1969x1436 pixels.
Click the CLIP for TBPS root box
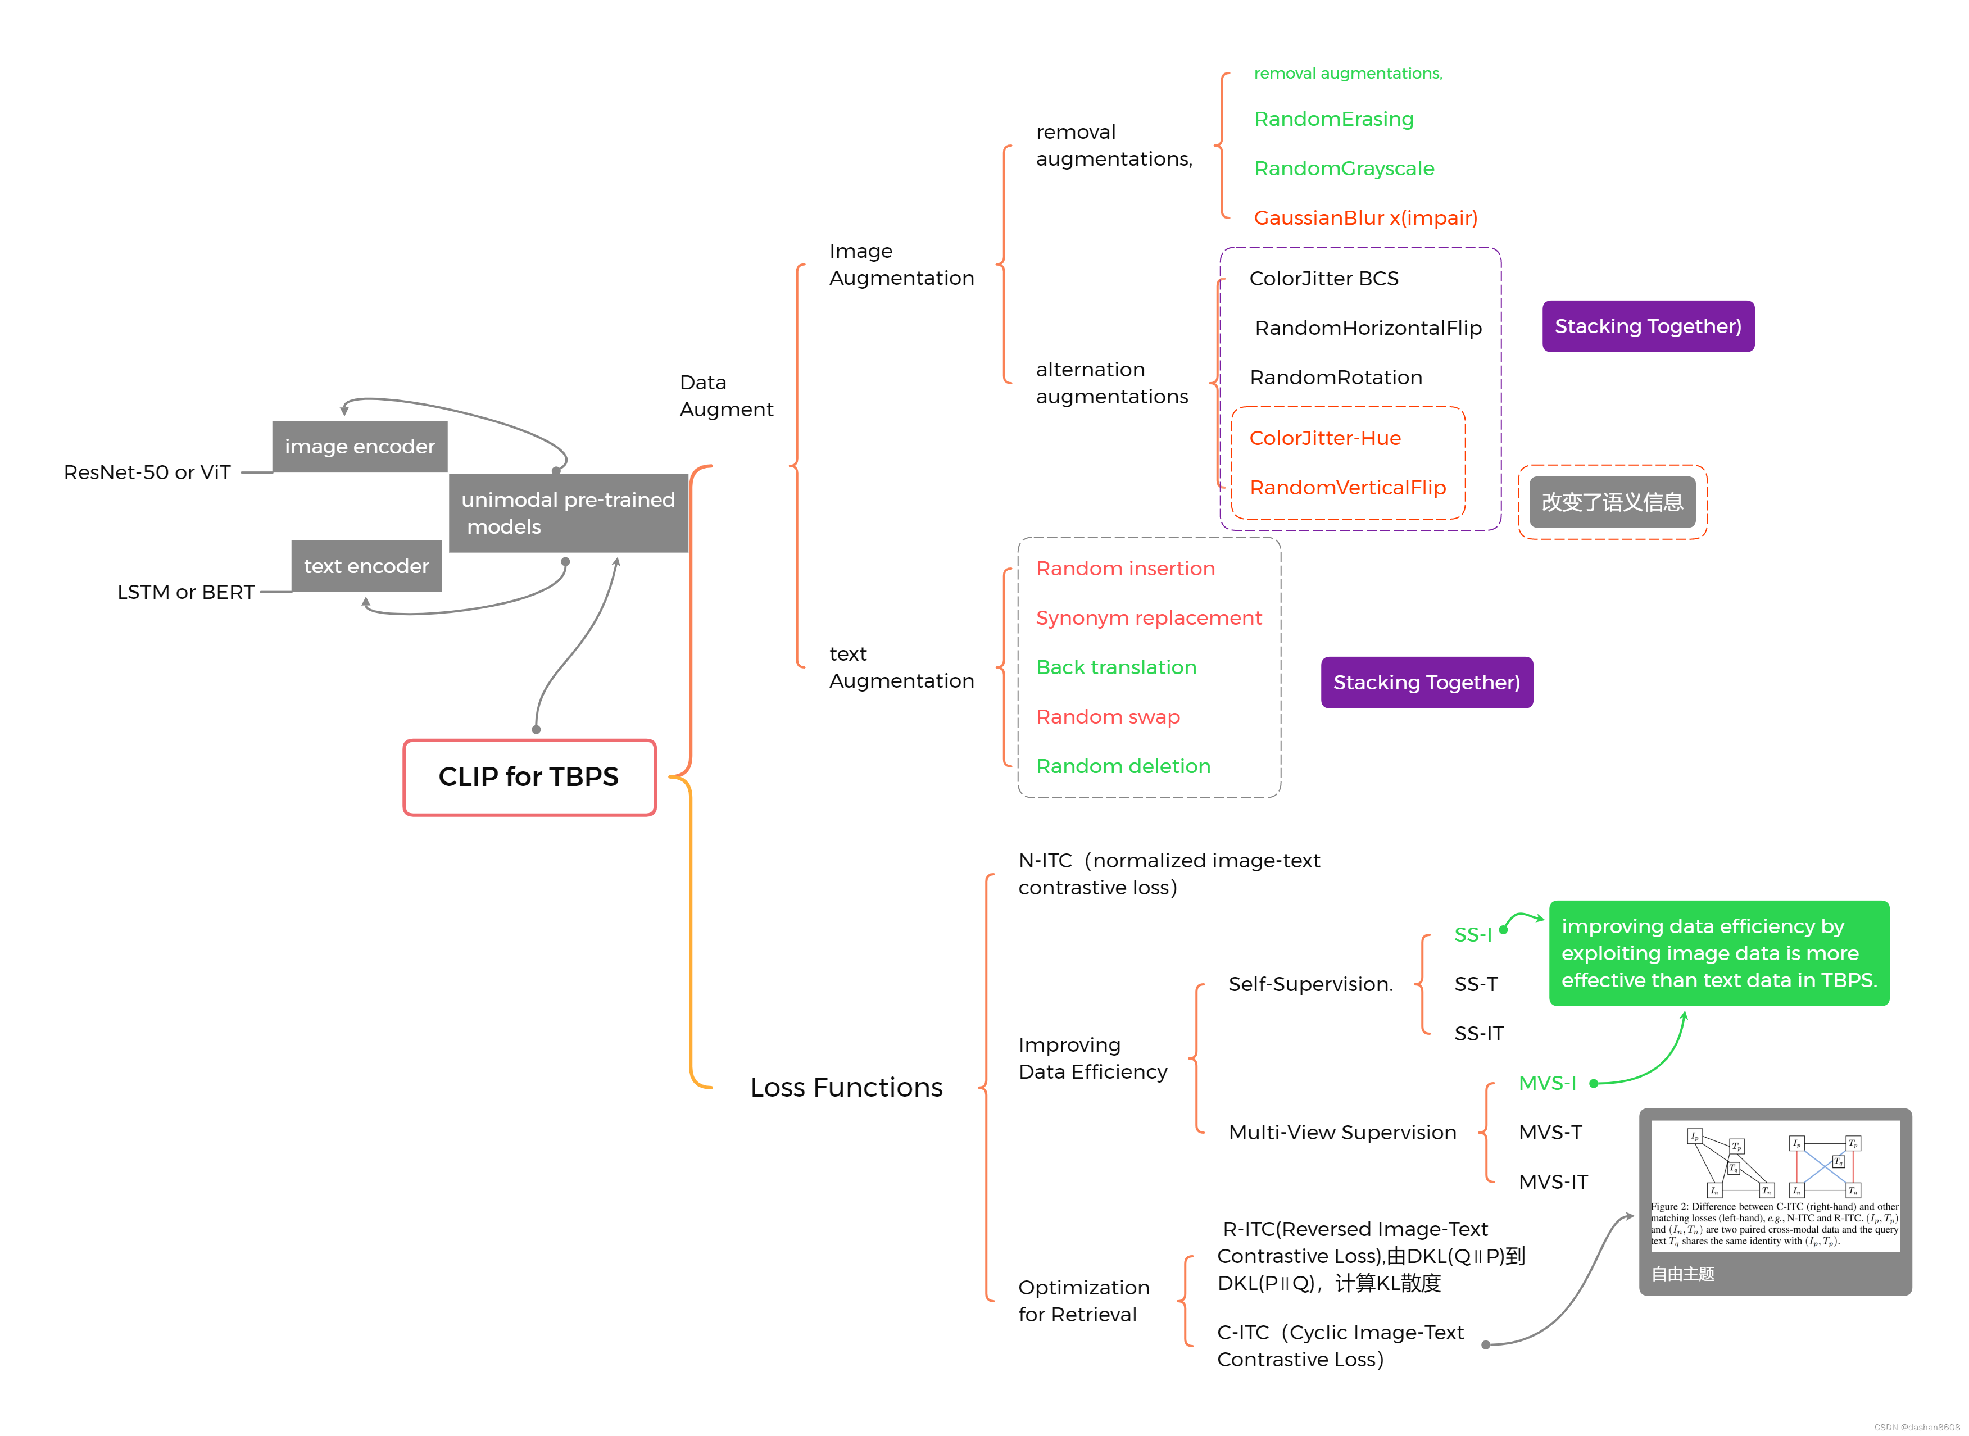click(x=529, y=777)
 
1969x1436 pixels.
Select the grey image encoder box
click(x=359, y=447)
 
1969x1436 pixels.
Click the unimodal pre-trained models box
click(x=568, y=513)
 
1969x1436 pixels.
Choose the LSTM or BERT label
click(x=185, y=593)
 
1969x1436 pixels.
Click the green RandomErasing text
click(x=1333, y=119)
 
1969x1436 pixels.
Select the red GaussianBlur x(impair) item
click(x=1365, y=218)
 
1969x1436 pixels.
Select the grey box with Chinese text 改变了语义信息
click(x=1612, y=502)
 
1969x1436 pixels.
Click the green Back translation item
click(x=1115, y=667)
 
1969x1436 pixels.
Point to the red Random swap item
click(x=1108, y=717)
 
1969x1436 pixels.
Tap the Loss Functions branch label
click(x=846, y=1088)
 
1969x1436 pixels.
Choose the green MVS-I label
click(x=1546, y=1084)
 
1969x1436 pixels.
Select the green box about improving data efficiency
click(x=1718, y=953)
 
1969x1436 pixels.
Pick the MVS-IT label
click(x=1553, y=1182)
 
